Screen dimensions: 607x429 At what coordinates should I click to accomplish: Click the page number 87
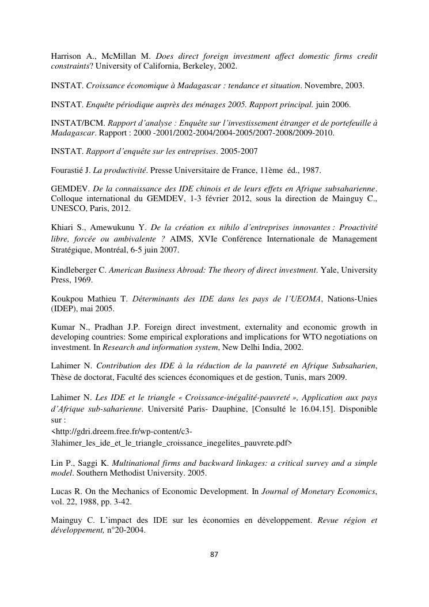tap(214, 555)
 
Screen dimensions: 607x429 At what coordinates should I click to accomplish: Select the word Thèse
tap(62, 378)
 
